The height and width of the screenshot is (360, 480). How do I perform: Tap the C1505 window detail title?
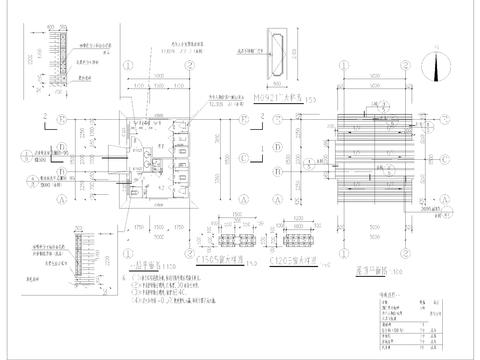(230, 256)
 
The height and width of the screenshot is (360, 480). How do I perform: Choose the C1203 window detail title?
(292, 256)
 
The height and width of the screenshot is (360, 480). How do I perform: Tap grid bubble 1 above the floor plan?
(131, 63)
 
